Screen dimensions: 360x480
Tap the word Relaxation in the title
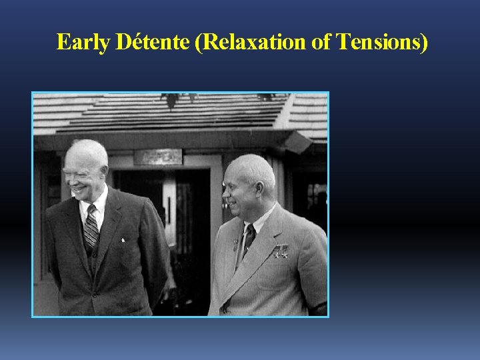pos(244,42)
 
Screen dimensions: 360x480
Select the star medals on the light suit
pos(281,251)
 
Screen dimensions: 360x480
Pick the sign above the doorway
pos(158,157)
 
